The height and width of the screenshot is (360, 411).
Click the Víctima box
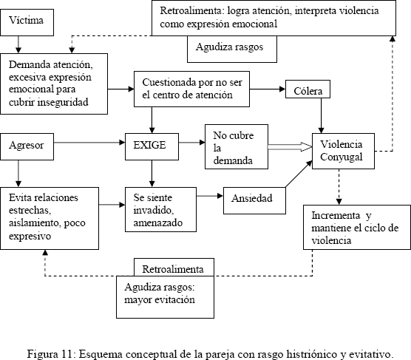tap(27, 23)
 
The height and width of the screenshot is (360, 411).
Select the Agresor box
tap(27, 146)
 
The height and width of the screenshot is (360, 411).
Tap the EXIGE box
tap(152, 146)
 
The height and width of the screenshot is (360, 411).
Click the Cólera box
tap(308, 89)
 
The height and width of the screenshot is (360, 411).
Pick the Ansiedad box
tap(254, 200)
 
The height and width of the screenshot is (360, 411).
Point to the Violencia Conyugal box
tap(343, 151)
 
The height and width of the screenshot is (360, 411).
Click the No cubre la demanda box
tap(237, 146)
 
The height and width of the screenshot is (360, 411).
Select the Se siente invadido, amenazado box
tap(160, 209)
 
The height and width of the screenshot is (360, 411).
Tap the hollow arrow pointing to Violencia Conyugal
tap(290, 147)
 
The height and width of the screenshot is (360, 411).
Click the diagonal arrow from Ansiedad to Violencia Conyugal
tap(299, 174)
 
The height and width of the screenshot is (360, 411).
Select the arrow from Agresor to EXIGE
tap(89, 143)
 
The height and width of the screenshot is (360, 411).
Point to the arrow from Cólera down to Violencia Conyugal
tap(321, 115)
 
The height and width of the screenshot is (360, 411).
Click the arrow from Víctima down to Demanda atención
tap(18, 44)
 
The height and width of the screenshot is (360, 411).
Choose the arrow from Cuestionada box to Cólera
tap(268, 89)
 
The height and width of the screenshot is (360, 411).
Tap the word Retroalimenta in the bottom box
tap(173, 269)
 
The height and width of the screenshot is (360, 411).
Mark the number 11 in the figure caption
tap(67, 354)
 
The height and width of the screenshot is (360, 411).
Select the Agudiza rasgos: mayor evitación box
tap(165, 297)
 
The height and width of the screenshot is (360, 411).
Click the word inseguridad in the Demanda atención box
tap(63, 102)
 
